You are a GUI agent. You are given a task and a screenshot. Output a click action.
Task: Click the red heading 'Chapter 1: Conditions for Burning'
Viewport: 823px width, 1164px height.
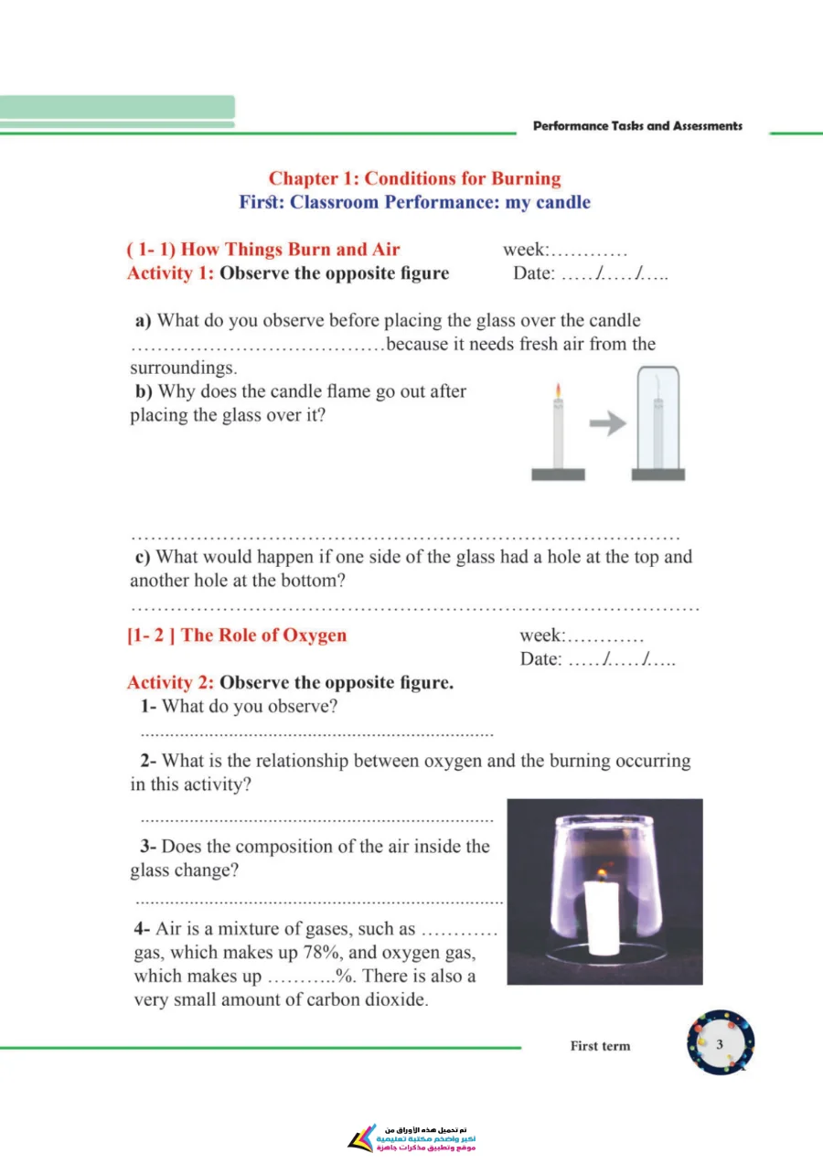[414, 178]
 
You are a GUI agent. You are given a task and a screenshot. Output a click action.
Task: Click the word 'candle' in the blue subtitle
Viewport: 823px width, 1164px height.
[563, 202]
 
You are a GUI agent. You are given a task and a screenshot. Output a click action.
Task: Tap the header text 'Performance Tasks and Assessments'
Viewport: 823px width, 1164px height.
[637, 126]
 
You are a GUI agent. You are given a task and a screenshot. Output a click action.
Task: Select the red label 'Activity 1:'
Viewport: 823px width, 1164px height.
[170, 272]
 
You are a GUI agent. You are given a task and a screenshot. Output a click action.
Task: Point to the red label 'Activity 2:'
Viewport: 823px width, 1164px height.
[170, 682]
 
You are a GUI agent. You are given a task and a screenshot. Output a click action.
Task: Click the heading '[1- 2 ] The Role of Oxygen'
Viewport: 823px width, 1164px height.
[237, 635]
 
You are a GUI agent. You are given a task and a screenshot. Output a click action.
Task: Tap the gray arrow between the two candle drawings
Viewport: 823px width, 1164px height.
[607, 423]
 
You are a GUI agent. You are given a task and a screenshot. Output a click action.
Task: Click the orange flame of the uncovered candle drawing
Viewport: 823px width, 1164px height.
[558, 390]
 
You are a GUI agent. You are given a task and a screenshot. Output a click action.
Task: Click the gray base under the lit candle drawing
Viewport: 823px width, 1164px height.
[558, 475]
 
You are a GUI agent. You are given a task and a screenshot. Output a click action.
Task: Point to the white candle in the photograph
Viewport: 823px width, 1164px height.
[602, 918]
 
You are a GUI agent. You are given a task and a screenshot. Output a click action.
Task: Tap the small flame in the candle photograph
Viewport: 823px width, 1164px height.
[602, 874]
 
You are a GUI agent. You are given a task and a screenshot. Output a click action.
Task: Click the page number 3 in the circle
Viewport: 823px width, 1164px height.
[720, 1044]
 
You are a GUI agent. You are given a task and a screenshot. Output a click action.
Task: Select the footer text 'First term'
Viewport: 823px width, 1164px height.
[600, 1045]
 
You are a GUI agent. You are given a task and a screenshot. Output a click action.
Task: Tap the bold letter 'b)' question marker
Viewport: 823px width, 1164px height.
[144, 390]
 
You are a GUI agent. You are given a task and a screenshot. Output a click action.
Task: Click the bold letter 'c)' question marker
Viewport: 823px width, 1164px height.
[143, 557]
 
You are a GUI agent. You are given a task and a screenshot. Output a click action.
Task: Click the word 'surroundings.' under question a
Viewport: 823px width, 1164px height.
[184, 368]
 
